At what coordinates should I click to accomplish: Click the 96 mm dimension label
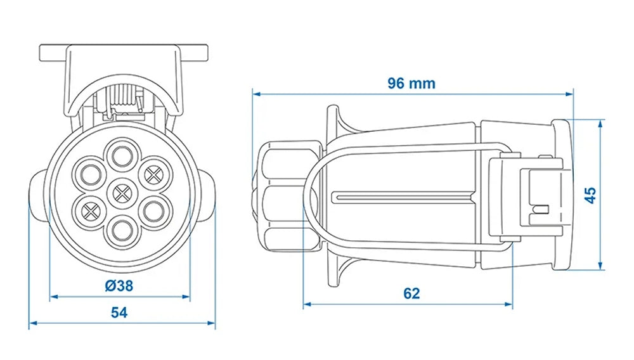point(411,83)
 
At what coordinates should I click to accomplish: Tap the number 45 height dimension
point(590,195)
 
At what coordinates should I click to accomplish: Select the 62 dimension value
point(411,293)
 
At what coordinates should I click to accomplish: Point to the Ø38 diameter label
point(119,285)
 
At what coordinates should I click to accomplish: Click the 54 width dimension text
point(119,312)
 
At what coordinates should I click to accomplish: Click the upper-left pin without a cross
point(87,172)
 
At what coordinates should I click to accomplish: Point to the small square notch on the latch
point(541,209)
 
